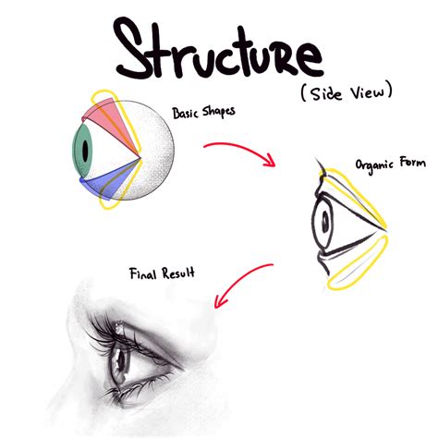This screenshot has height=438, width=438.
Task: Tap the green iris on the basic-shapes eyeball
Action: [83, 150]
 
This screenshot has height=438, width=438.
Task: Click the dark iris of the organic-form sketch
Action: [323, 220]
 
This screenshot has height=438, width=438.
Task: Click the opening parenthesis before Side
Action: [303, 93]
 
